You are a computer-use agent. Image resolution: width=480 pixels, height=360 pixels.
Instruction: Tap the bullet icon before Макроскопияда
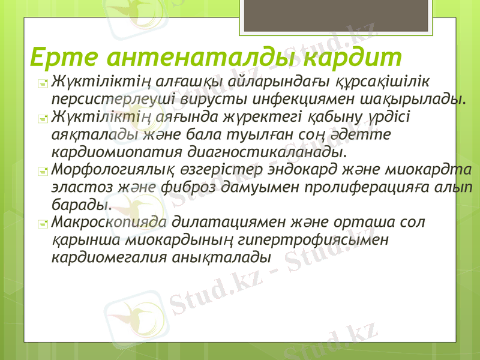pos(41,223)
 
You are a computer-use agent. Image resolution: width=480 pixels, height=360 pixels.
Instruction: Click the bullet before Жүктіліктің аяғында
pos(41,118)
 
